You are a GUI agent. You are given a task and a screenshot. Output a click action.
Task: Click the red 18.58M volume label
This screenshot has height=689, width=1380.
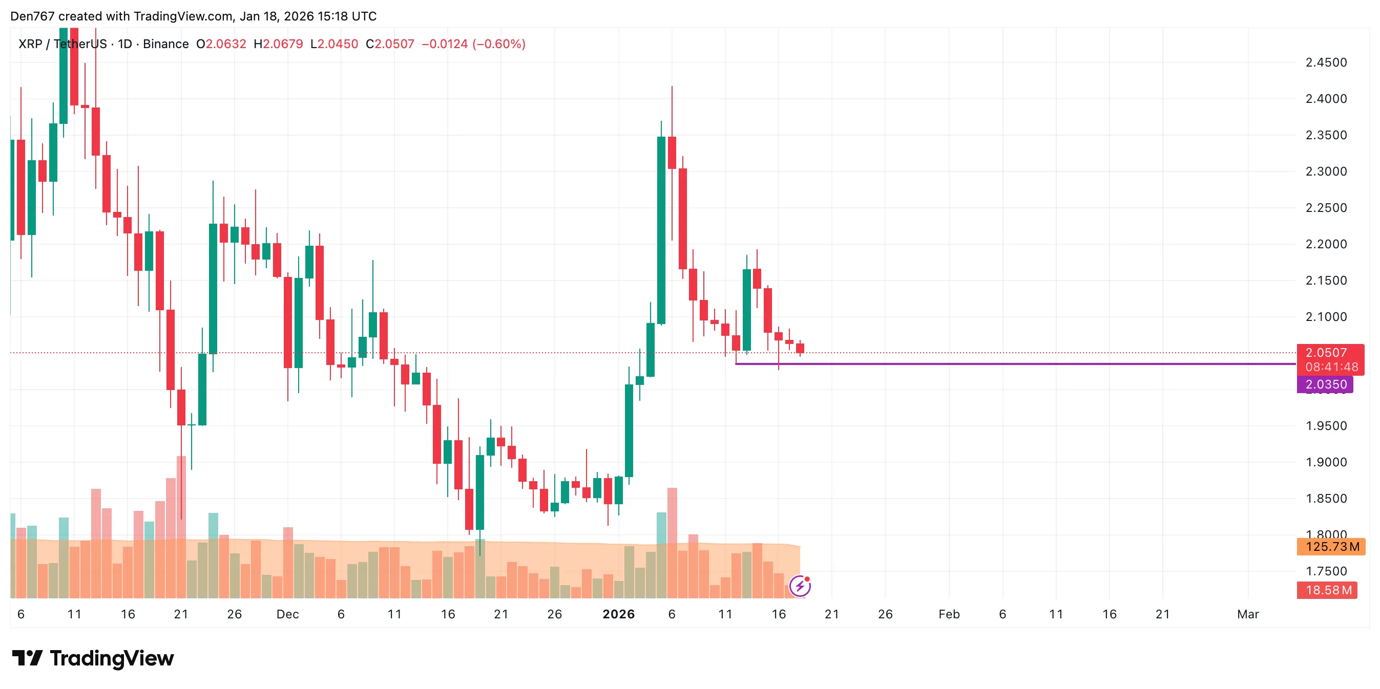point(1326,590)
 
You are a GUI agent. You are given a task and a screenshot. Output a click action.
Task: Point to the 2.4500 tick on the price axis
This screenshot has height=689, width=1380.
point(1326,62)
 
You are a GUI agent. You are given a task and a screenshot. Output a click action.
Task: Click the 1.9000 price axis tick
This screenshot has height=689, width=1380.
point(1326,462)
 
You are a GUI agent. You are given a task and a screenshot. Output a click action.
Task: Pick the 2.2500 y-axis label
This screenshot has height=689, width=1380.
point(1326,208)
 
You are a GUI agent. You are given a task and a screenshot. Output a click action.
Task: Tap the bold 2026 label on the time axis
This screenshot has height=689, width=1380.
point(618,614)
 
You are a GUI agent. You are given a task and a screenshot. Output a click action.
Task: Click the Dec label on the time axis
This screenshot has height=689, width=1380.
point(287,614)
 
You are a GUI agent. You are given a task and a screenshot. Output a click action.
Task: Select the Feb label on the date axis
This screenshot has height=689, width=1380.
point(949,614)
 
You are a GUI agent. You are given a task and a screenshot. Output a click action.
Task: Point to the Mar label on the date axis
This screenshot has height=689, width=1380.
point(1248,614)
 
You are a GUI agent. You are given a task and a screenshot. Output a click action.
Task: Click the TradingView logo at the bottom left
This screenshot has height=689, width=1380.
point(93,658)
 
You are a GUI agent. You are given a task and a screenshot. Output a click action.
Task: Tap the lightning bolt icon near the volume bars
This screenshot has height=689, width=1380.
point(799,586)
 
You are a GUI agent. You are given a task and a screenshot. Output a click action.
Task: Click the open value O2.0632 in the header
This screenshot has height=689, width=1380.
point(221,44)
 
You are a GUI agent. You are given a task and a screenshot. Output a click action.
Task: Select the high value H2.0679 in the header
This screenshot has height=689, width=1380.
point(278,44)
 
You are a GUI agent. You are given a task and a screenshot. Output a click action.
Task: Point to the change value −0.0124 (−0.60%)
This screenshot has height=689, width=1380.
point(473,44)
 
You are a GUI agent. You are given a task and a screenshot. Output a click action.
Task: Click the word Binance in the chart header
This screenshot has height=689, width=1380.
point(165,44)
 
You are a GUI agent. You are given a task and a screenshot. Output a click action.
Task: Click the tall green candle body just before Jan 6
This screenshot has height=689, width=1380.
point(661,230)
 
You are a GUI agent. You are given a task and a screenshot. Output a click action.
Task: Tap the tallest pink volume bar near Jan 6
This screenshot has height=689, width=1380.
point(672,541)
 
